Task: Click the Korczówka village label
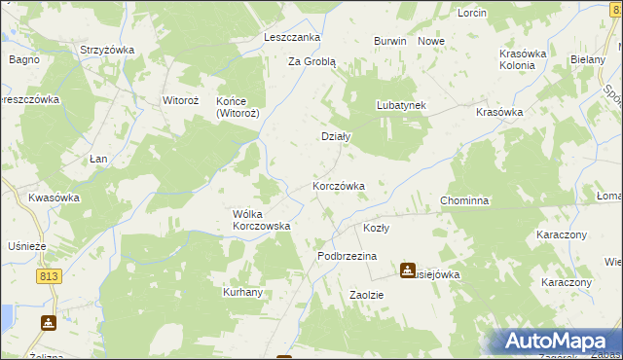338,186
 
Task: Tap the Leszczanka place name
292,37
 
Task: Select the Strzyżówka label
107,50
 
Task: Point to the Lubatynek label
402,105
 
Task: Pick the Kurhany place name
243,292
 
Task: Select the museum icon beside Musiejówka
407,270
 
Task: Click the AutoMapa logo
555,342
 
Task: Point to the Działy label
336,137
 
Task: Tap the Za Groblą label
311,61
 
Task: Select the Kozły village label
376,229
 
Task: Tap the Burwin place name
389,42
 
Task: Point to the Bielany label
588,60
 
